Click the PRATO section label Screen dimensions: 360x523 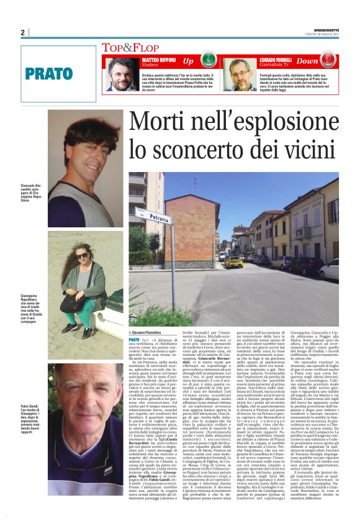click(49, 73)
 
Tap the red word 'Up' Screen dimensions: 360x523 click(188, 61)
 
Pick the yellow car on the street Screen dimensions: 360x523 click(233, 261)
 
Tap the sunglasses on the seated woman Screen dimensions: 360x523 click(82, 255)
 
